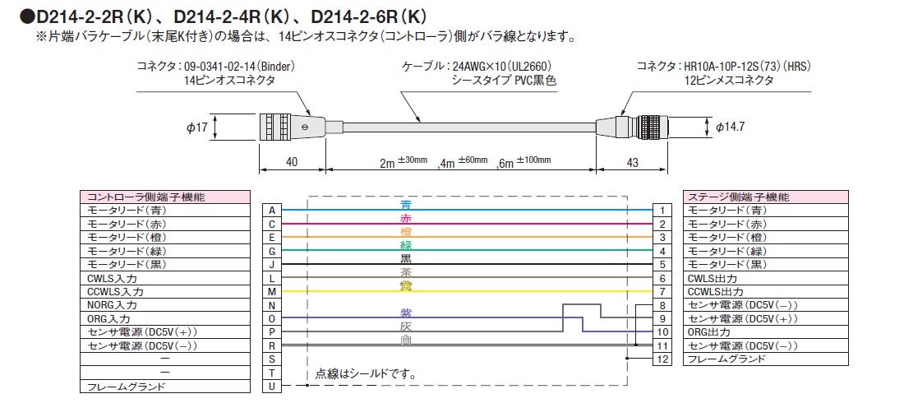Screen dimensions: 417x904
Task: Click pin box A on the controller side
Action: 271,211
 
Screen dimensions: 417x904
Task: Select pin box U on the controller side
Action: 271,386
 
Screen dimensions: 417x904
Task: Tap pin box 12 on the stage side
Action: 662,359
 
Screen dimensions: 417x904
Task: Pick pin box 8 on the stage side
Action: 662,305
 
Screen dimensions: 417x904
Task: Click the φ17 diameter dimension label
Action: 196,128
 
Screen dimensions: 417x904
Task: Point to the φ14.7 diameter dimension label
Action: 732,127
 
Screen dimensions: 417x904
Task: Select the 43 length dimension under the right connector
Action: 632,163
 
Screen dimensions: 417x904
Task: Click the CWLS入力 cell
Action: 115,278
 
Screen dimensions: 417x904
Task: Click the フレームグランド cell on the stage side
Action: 726,359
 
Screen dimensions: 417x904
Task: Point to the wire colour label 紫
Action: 405,313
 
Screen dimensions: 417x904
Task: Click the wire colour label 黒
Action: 405,258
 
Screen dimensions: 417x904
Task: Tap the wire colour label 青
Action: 405,204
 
